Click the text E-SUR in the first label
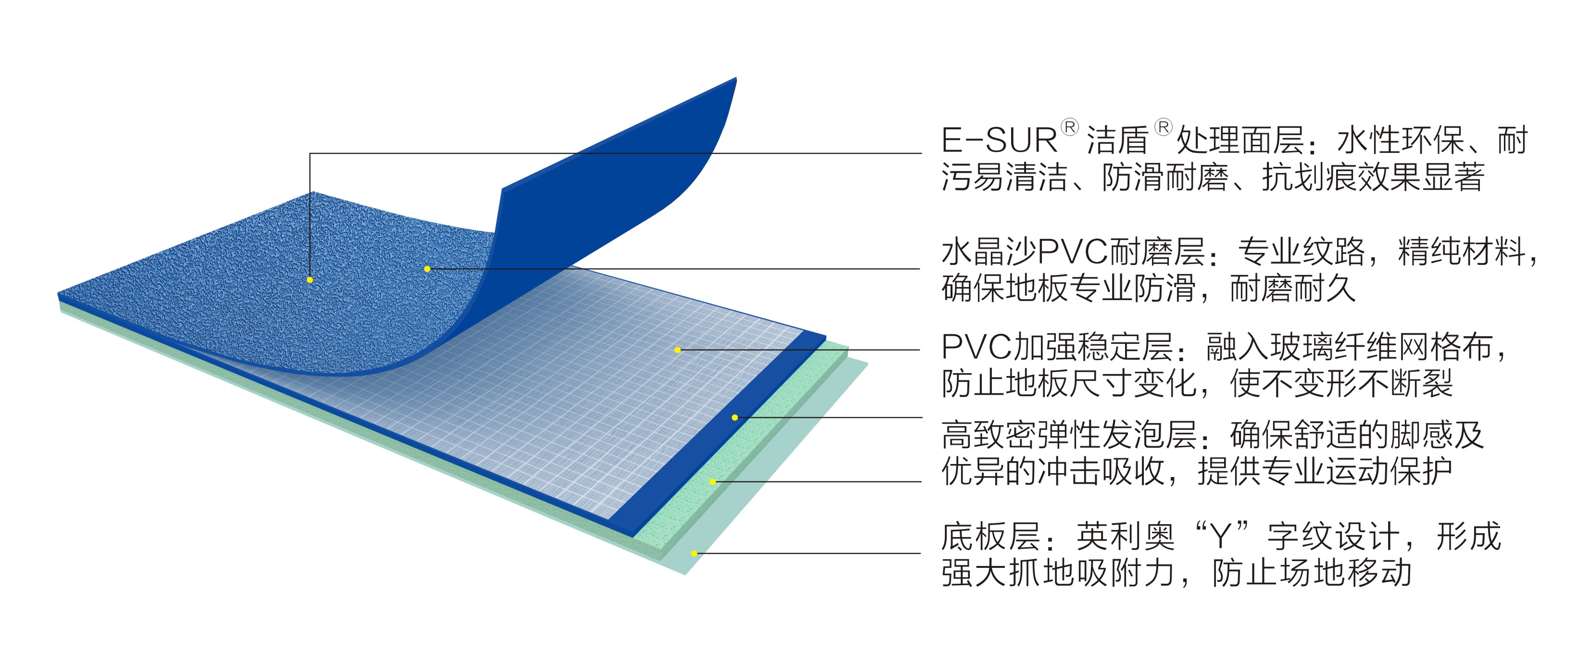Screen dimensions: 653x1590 (x=999, y=140)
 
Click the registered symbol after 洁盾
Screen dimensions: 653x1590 (x=1163, y=128)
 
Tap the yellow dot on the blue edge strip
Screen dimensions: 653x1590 (x=735, y=418)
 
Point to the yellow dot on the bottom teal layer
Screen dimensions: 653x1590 (x=694, y=553)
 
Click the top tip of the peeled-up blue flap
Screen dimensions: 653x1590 (x=735, y=79)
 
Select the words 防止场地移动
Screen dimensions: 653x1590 (x=1312, y=573)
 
